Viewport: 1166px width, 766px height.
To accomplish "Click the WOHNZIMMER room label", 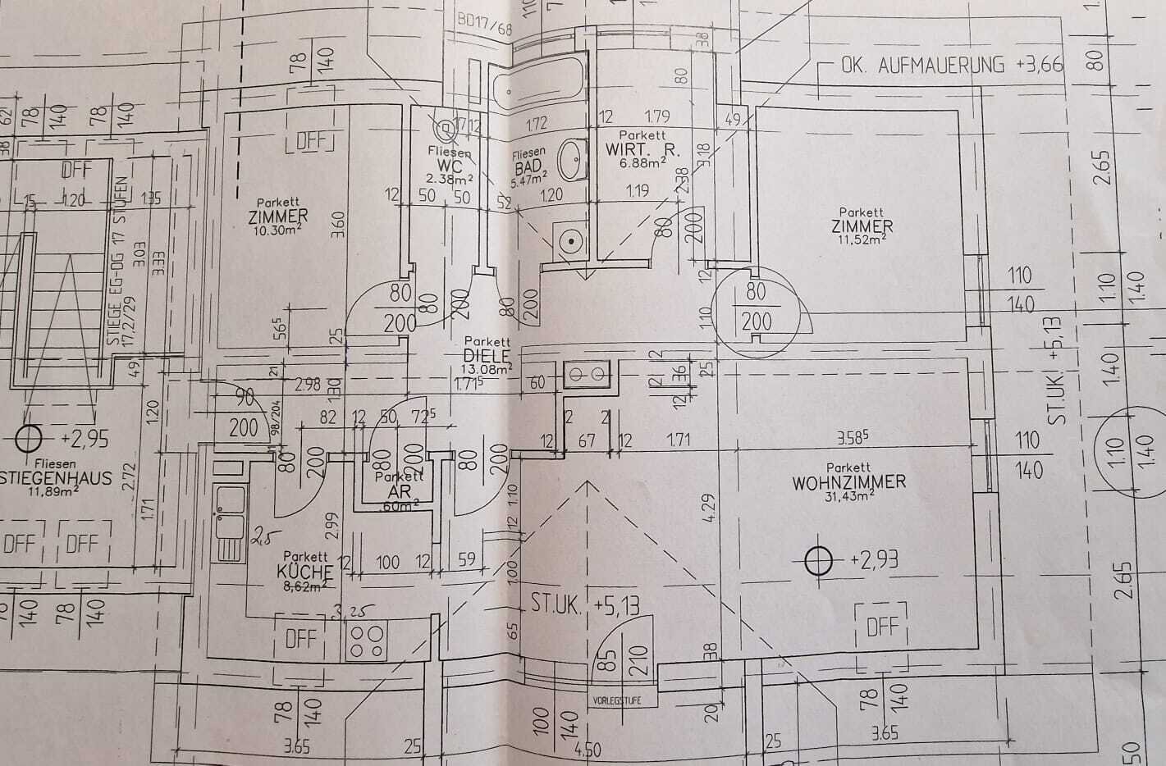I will click(849, 481).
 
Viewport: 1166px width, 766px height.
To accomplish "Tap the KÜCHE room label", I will click(304, 572).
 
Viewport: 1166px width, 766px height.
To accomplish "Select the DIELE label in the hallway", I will click(487, 355).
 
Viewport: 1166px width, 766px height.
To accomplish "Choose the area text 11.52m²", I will click(861, 239).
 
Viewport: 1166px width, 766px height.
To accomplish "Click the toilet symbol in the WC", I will click(446, 129).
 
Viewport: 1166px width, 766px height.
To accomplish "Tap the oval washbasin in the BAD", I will click(572, 158).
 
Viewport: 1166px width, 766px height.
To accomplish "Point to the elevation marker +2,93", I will click(818, 561).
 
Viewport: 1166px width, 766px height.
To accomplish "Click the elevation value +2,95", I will click(85, 440).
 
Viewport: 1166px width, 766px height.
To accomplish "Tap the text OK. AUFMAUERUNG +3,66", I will click(951, 66).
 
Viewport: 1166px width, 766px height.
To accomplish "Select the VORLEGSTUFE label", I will click(615, 700).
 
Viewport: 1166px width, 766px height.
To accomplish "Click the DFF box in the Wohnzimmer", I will click(882, 627).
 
